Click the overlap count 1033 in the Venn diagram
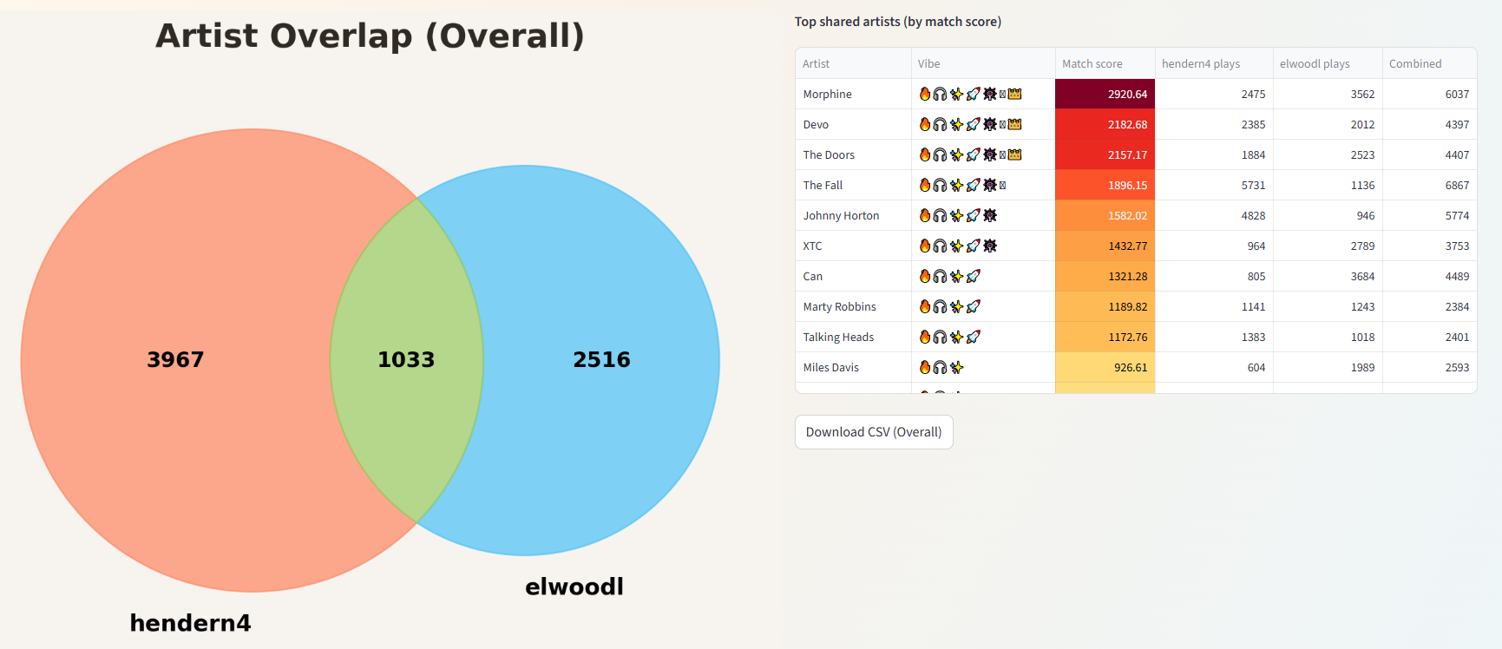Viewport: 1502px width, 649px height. tap(406, 359)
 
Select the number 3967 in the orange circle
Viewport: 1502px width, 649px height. tap(175, 359)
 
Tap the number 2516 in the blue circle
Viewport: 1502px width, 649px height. tap(601, 359)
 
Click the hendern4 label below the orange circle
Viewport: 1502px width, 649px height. tap(190, 623)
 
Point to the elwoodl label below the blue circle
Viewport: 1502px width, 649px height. tap(574, 587)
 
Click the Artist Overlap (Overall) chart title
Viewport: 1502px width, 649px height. tap(370, 36)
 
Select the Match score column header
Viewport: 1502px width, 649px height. tap(1092, 63)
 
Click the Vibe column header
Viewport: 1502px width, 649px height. tap(928, 63)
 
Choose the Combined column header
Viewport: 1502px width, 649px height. tap(1414, 63)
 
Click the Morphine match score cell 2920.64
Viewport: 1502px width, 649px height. tap(1126, 94)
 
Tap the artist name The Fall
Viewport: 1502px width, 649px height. tap(823, 185)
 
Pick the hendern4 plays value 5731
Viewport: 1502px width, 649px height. tap(1253, 185)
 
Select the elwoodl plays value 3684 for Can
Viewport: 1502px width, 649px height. tap(1362, 276)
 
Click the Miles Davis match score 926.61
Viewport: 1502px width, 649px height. tap(1130, 367)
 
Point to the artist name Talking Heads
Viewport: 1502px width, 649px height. tap(838, 337)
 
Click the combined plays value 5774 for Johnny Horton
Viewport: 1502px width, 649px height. tap(1457, 215)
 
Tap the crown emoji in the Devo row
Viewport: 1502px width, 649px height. tap(1014, 124)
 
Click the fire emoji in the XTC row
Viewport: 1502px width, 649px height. tap(925, 246)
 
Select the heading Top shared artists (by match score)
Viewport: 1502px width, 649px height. tap(897, 22)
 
